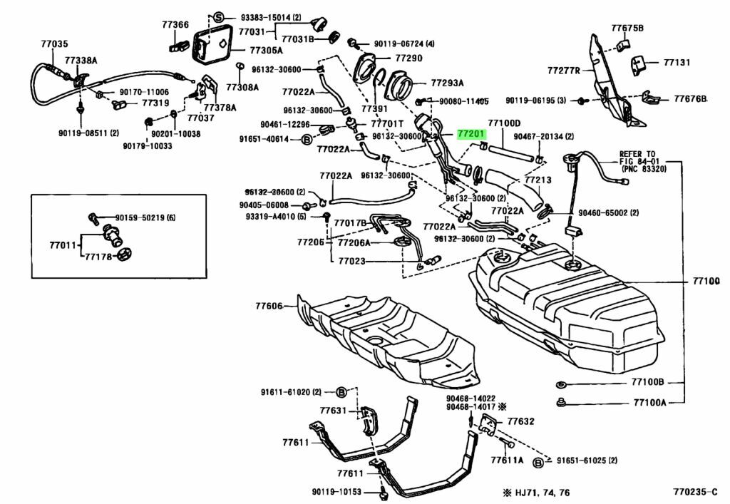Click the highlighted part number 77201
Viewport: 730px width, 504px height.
tap(471, 133)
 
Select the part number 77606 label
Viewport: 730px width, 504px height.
tap(269, 307)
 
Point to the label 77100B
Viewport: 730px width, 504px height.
tap(647, 382)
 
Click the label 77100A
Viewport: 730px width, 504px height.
tap(647, 402)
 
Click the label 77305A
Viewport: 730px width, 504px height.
tap(265, 51)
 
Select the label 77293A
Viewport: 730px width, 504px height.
tap(447, 82)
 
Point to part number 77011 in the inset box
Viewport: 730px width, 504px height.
tap(63, 245)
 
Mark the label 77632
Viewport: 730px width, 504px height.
tap(520, 421)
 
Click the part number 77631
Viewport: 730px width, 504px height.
tap(333, 411)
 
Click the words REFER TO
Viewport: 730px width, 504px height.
tap(637, 153)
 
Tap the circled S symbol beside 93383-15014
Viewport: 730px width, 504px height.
tap(219, 17)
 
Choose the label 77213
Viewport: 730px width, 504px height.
tap(539, 180)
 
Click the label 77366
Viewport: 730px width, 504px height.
tap(175, 24)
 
